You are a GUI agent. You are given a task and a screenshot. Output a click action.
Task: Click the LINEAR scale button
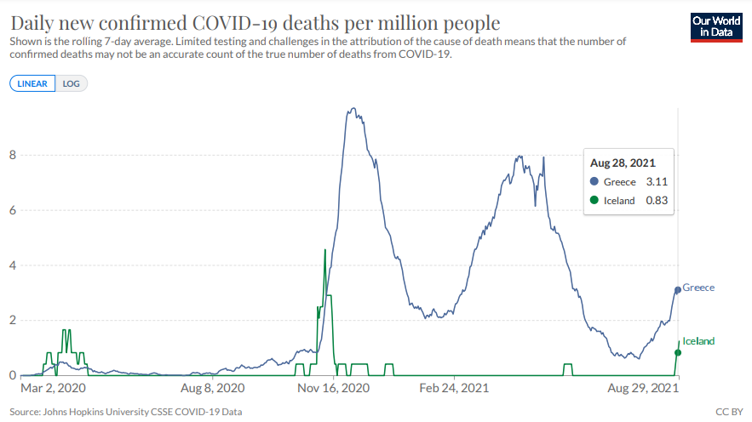pyautogui.click(x=32, y=83)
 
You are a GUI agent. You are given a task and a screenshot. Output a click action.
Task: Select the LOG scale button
pyautogui.click(x=72, y=83)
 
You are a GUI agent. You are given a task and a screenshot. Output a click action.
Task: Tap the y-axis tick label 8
pyautogui.click(x=13, y=155)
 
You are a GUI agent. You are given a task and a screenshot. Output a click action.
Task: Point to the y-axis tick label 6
pyautogui.click(x=13, y=210)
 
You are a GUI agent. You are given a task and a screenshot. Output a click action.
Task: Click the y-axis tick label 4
pyautogui.click(x=13, y=265)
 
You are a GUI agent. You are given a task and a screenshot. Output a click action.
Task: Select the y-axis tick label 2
pyautogui.click(x=13, y=321)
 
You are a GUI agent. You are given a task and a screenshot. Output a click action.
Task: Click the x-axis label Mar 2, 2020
pyautogui.click(x=53, y=388)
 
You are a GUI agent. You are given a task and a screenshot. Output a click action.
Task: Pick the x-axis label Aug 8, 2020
pyautogui.click(x=212, y=388)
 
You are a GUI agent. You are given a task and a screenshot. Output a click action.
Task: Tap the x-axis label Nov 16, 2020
pyautogui.click(x=334, y=388)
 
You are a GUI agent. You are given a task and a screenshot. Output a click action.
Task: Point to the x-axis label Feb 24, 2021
pyautogui.click(x=455, y=388)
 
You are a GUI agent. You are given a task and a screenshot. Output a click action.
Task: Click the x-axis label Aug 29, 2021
pyautogui.click(x=644, y=388)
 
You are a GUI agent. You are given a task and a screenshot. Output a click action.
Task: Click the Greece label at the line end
pyautogui.click(x=698, y=288)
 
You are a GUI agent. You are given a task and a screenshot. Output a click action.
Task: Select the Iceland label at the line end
pyautogui.click(x=698, y=341)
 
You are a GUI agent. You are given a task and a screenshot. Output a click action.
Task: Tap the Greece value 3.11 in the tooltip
pyautogui.click(x=656, y=182)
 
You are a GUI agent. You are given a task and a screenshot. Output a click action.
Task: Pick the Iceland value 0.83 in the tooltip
pyautogui.click(x=656, y=201)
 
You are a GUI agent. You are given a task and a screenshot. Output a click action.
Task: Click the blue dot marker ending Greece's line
pyautogui.click(x=678, y=290)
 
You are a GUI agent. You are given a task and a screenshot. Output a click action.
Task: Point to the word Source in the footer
pyautogui.click(x=26, y=413)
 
